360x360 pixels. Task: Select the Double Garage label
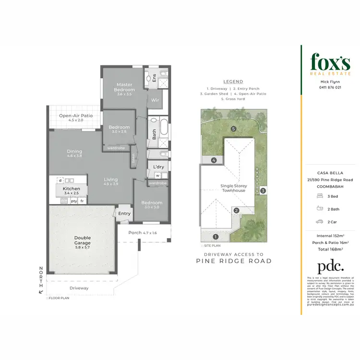coord(83,240)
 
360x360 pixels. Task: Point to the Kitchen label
coord(71,189)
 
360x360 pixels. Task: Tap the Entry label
coord(124,214)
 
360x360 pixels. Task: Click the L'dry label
coord(158,167)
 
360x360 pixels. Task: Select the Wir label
coord(155,100)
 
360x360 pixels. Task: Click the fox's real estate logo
coord(330,63)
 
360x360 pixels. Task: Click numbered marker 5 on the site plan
coord(233,129)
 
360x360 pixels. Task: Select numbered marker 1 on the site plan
coord(216,237)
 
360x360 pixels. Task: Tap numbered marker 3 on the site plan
coord(263,191)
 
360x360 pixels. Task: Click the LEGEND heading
coord(233,82)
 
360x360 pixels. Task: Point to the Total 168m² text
coord(330,250)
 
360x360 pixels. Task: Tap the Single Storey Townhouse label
coord(233,188)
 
